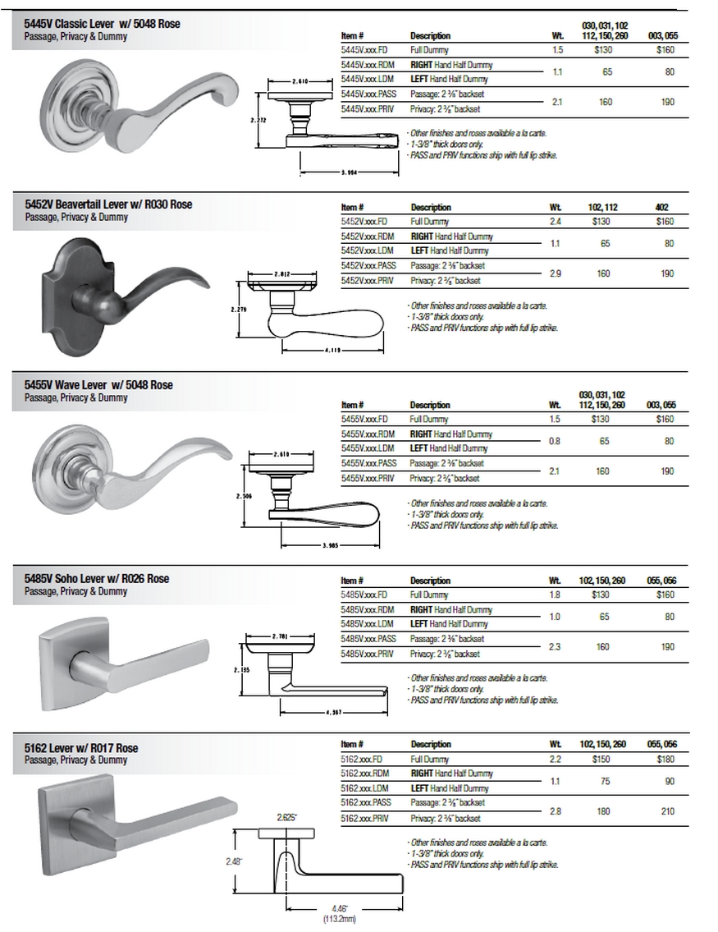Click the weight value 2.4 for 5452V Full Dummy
[555, 222]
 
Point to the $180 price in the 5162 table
[666, 760]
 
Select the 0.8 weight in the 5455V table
[555, 441]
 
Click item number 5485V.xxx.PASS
[368, 639]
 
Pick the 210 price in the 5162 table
[667, 810]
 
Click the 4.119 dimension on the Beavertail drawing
[332, 351]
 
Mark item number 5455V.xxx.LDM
[367, 448]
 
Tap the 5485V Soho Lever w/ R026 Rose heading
[97, 578]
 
